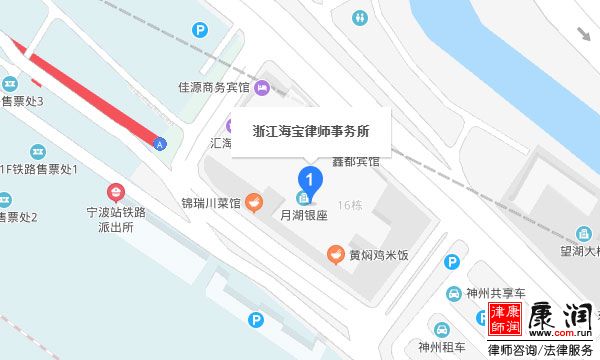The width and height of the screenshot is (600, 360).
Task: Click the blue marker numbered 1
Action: tap(311, 182)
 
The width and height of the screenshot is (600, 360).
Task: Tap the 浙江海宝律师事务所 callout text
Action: tap(310, 130)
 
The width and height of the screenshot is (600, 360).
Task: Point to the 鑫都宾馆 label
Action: tap(358, 160)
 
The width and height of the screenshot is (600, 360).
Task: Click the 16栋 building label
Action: tap(350, 205)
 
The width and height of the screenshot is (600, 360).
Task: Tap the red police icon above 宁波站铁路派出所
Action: tap(116, 191)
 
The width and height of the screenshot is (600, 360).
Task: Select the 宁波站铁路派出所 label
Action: tap(116, 220)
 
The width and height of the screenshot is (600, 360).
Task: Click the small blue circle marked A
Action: tap(159, 144)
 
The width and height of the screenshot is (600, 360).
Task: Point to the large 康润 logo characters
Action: tap(555, 321)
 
